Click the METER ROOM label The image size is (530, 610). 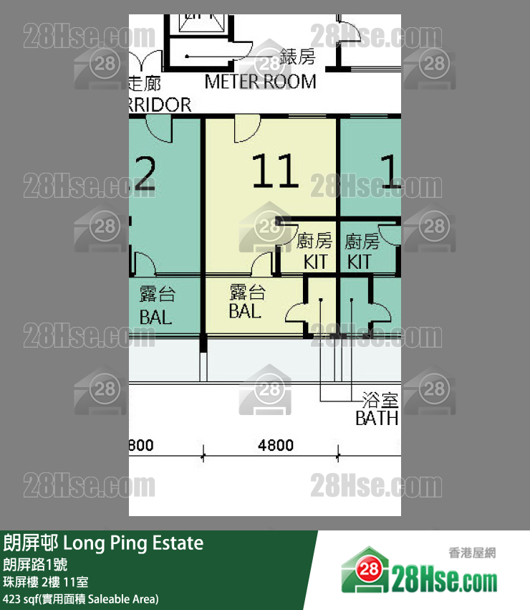tap(260, 82)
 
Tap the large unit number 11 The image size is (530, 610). tap(275, 172)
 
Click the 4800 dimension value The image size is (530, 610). tap(276, 445)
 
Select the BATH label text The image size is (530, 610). tap(377, 418)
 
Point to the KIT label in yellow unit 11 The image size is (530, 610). tap(315, 262)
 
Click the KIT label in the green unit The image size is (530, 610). tap(360, 262)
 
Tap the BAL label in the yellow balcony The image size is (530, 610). tap(245, 311)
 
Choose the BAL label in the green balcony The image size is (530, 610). tap(156, 316)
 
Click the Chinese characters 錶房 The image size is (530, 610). tap(297, 56)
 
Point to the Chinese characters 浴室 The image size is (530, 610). tap(380, 399)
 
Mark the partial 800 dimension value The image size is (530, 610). tap(140, 445)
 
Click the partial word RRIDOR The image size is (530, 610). tap(160, 105)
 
